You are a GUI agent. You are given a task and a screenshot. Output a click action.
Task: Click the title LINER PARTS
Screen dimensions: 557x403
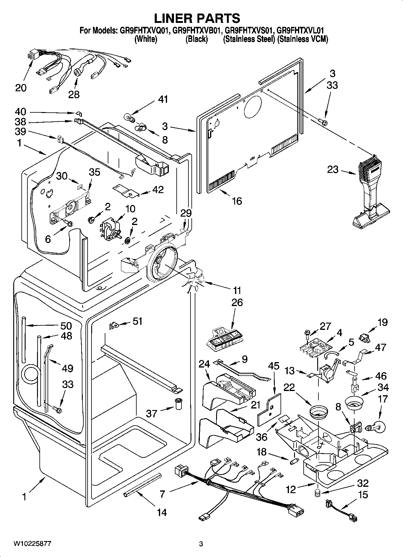[x=197, y=18]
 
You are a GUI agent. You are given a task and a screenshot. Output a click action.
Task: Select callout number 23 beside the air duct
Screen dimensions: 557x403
[x=333, y=170]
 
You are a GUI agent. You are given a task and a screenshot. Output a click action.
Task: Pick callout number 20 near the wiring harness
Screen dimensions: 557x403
[x=21, y=88]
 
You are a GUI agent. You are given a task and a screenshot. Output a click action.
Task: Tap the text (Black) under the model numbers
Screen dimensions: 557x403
[x=197, y=39]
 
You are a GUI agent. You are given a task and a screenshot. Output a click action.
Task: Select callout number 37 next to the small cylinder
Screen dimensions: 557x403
[x=152, y=413]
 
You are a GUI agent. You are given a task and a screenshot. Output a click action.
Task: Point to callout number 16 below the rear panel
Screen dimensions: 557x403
[x=237, y=201]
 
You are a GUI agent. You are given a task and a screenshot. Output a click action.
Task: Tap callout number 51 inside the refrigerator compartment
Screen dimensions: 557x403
[x=138, y=321]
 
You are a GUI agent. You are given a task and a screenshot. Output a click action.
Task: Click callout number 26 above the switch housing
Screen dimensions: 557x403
[x=237, y=302]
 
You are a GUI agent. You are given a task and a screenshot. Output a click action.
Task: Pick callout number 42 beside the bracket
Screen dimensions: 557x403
[x=158, y=189]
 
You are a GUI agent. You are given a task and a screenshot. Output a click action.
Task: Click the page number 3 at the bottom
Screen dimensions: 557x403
[x=201, y=544]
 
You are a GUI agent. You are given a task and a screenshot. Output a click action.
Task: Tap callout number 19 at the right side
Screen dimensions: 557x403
[x=383, y=323]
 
